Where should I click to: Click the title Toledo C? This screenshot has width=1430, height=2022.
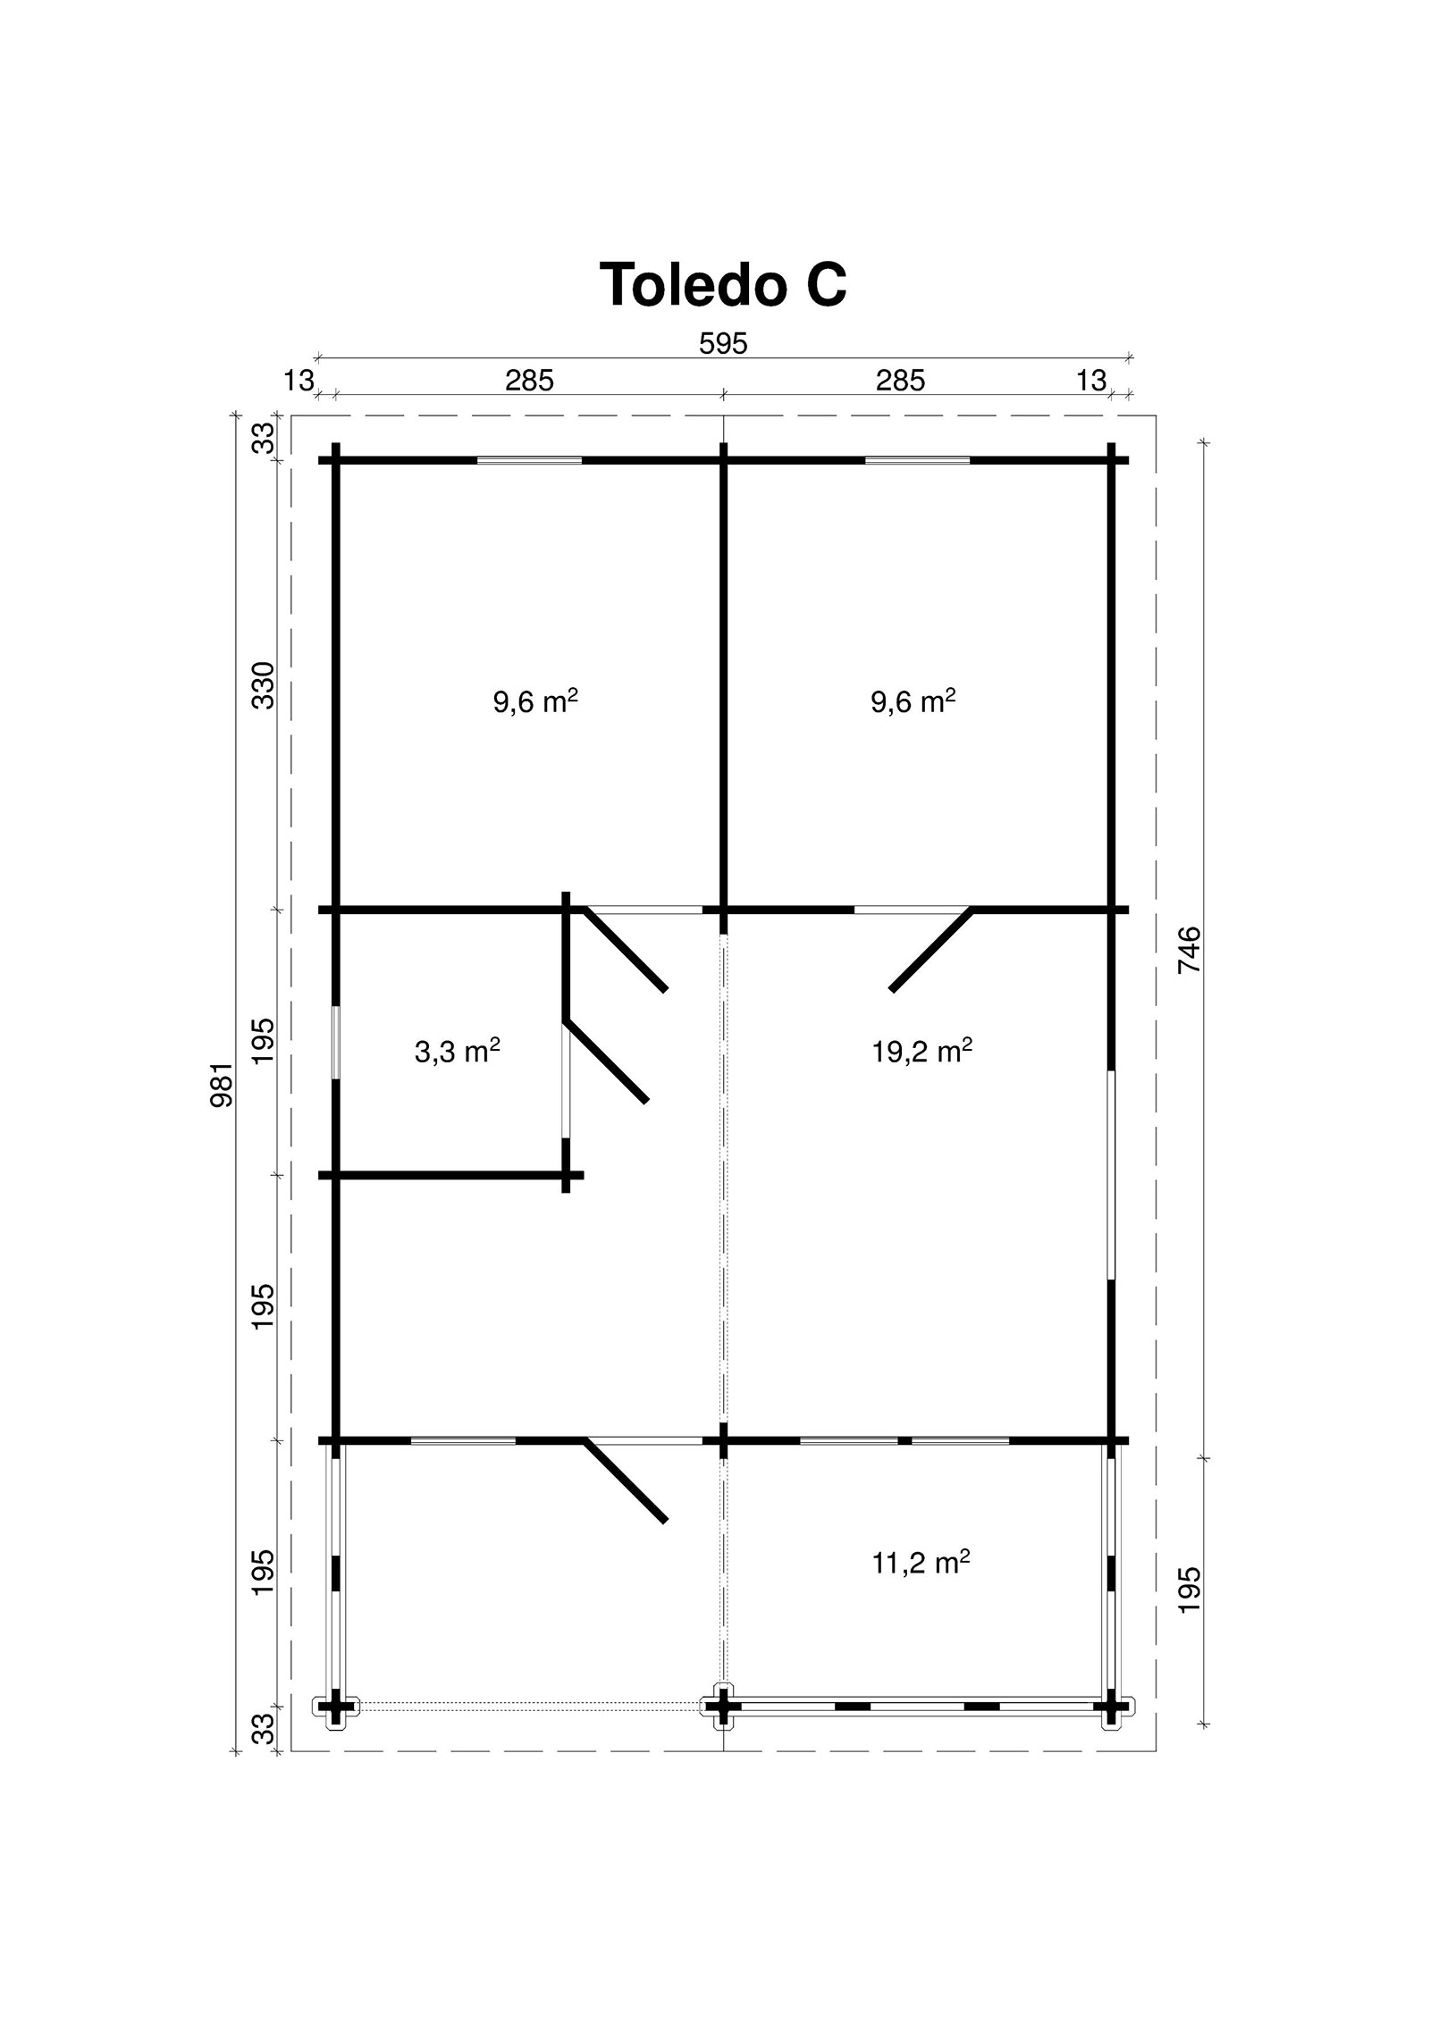coord(722,284)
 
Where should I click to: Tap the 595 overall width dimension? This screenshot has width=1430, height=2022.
coord(722,343)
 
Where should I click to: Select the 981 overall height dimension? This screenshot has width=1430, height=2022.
coord(221,1085)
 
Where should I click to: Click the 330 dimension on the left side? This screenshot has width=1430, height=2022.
coord(264,685)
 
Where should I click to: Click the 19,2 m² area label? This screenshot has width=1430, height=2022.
coord(922,1051)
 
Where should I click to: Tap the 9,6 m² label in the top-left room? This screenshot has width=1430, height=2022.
coord(535,701)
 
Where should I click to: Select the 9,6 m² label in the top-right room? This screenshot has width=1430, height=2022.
coord(913,701)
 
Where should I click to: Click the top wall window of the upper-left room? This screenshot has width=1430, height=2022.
coord(529,460)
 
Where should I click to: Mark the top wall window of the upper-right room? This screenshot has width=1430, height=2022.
coord(917,460)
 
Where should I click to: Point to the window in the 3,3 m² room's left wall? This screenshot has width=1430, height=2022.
coord(336,1043)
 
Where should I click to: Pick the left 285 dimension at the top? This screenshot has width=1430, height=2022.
coord(529,381)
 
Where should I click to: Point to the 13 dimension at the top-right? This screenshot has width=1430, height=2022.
coord(1091,381)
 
